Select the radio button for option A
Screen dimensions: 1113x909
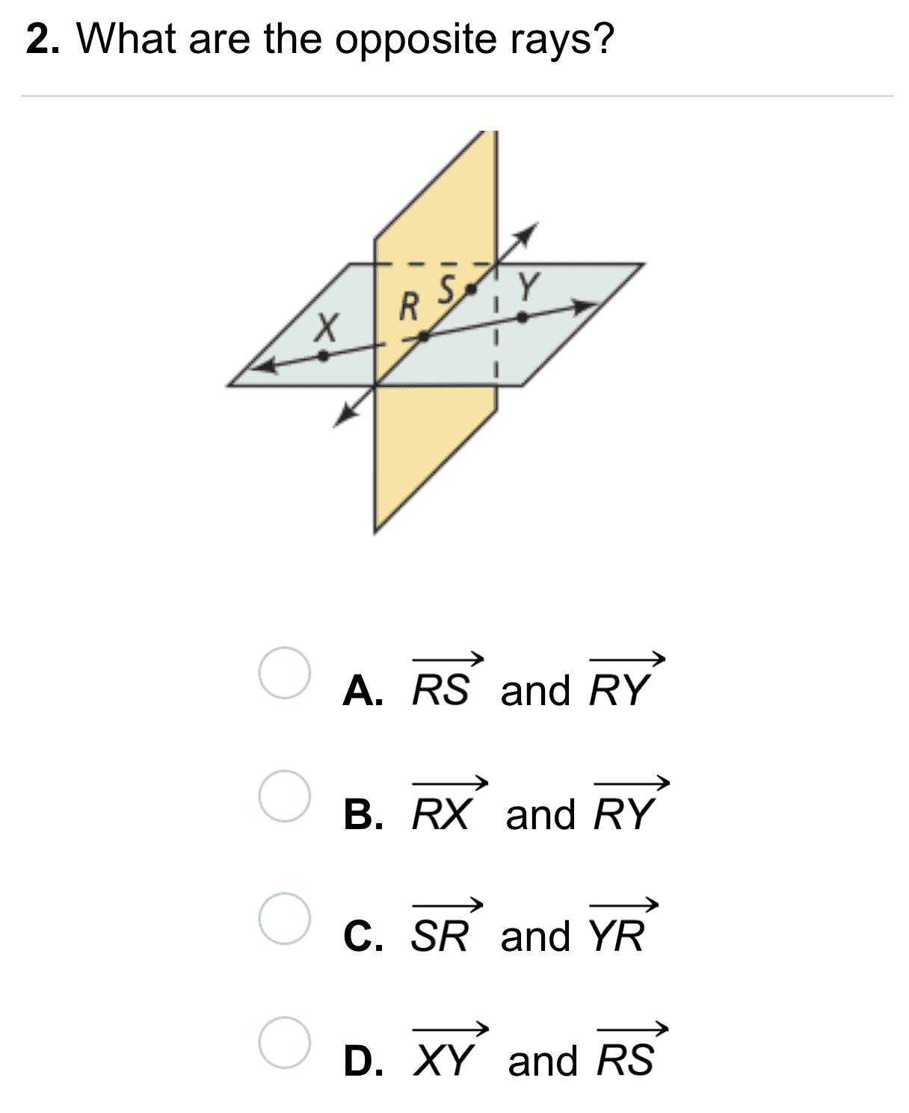point(285,673)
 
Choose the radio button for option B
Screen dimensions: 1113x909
point(285,796)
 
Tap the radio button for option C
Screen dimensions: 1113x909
point(285,918)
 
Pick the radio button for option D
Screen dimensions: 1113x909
point(285,1042)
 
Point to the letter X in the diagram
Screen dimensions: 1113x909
point(325,326)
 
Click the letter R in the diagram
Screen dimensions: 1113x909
point(408,306)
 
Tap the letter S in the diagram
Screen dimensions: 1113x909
point(447,288)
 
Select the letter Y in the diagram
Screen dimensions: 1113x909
point(529,285)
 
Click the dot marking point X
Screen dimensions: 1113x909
point(323,356)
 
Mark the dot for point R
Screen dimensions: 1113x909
point(423,337)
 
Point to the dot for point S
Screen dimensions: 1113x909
point(470,288)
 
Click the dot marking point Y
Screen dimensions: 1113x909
point(523,317)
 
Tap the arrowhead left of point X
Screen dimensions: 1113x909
point(259,367)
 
